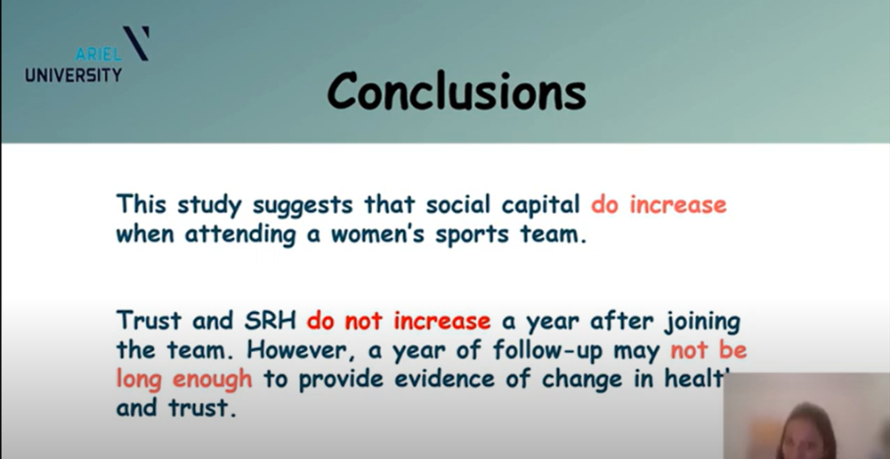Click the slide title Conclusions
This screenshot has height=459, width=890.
coord(457,91)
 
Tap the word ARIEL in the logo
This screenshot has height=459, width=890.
coord(98,54)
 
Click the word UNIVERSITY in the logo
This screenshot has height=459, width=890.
coord(73,74)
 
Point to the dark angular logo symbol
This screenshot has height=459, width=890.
coord(136,43)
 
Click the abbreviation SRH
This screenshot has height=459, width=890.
coord(271,321)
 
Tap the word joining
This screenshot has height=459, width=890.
coord(702,322)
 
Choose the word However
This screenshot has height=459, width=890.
coord(298,350)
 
